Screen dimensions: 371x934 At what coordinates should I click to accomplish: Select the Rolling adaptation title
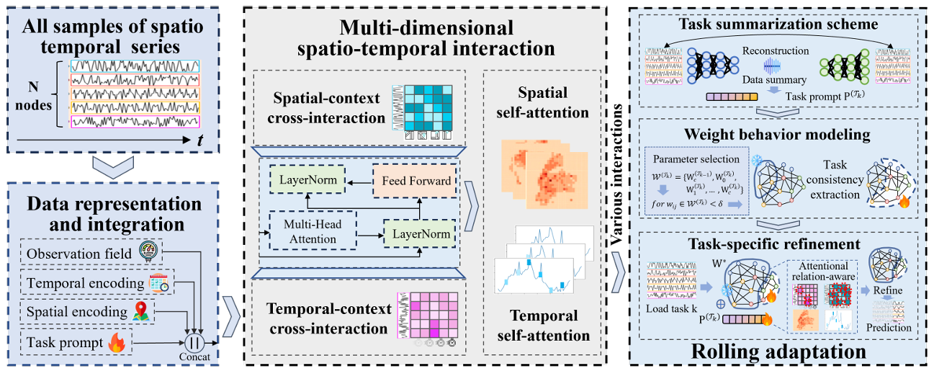pyautogui.click(x=780, y=352)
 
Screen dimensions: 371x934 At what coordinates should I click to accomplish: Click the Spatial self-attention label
pyautogui.click(x=542, y=102)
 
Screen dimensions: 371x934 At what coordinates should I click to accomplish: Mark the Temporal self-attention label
pyautogui.click(x=543, y=326)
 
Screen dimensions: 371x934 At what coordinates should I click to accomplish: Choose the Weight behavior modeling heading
pyautogui.click(x=780, y=135)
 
